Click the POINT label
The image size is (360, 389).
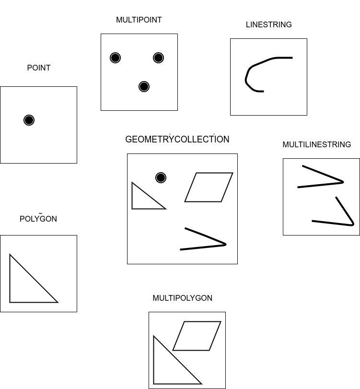click(x=38, y=68)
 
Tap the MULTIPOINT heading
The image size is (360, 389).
click(x=139, y=20)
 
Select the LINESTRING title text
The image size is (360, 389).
click(x=268, y=25)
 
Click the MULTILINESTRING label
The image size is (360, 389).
click(x=316, y=145)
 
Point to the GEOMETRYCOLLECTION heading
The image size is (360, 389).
click(x=177, y=140)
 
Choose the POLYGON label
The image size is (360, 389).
click(x=38, y=219)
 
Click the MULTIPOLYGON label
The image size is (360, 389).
click(x=182, y=298)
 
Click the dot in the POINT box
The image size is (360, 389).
click(x=29, y=120)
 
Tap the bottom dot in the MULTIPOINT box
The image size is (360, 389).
click(x=144, y=86)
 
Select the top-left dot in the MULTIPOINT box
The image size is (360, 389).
click(x=115, y=58)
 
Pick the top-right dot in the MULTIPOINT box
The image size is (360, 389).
click(x=159, y=58)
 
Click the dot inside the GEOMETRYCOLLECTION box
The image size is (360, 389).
click(x=161, y=177)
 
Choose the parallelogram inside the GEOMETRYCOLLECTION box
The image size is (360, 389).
click(x=209, y=187)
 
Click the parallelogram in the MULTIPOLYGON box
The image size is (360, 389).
click(x=197, y=336)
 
